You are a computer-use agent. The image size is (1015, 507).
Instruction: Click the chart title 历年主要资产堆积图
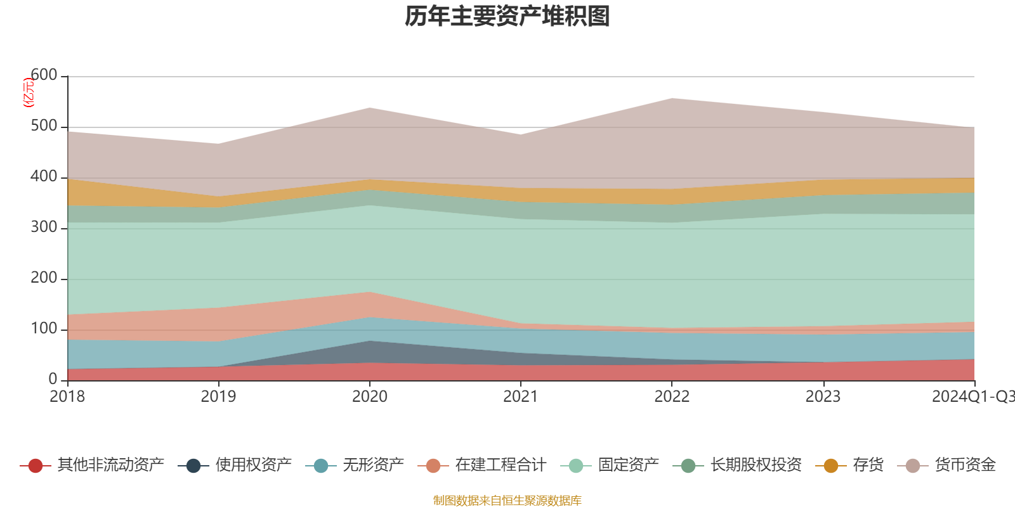[507, 16]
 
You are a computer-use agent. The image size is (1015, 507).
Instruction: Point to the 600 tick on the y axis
[44, 75]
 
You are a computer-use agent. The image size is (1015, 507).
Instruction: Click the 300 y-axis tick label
[44, 228]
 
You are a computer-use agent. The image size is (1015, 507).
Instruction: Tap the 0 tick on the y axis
[53, 379]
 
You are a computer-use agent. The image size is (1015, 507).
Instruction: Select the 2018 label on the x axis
[67, 397]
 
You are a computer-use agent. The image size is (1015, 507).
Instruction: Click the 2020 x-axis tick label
[370, 397]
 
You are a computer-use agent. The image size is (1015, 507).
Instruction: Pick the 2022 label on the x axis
[672, 397]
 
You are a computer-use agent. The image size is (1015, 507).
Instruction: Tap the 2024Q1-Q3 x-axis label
[972, 397]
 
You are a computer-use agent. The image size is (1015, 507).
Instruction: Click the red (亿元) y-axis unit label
[28, 93]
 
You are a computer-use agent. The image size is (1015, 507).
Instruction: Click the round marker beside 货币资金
[913, 466]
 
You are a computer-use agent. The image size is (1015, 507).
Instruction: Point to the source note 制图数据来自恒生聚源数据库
[507, 501]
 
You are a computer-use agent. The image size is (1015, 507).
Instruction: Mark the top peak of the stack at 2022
[672, 98]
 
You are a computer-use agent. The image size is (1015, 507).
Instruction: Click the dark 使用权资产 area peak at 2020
[370, 342]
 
